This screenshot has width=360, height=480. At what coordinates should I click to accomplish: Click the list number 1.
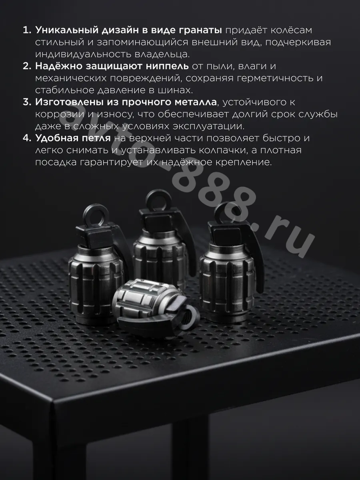point(27,30)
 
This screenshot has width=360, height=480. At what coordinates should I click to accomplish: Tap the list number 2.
point(27,66)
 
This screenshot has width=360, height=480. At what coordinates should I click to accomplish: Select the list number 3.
point(27,102)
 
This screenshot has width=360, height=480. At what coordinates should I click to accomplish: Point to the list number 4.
point(27,138)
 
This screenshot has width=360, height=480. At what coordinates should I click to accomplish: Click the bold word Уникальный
point(67,30)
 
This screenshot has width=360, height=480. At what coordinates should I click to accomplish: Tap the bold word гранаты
point(201,31)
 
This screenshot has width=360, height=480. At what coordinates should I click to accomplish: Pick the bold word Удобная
point(55,138)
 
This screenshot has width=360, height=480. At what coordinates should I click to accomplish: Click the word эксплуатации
point(209,126)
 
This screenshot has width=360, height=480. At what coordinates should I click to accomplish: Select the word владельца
point(162,54)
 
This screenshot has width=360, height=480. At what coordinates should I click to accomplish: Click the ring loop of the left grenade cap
point(96,214)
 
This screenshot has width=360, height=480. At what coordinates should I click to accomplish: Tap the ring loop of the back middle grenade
point(158,199)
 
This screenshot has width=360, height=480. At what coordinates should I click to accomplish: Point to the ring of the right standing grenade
point(227,212)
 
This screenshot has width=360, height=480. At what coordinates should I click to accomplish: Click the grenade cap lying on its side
point(155,307)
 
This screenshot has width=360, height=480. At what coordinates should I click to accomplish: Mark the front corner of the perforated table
point(53,401)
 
